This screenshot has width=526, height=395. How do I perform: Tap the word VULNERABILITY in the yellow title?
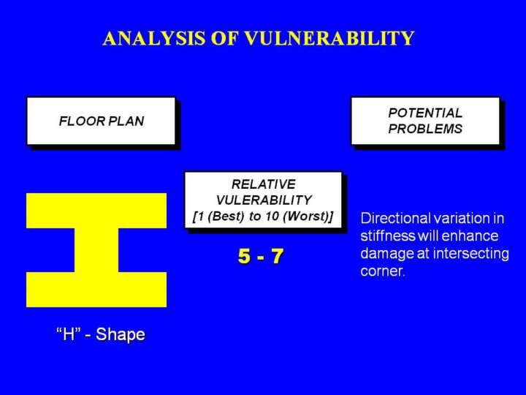coord(329,38)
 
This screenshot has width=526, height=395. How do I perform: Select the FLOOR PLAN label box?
coord(101,121)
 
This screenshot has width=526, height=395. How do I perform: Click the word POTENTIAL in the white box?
coord(425,113)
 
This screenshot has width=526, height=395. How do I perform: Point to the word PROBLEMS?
coord(425,129)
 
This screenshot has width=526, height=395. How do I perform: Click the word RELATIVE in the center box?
coord(264,184)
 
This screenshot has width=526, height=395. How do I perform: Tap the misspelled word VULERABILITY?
coord(264,200)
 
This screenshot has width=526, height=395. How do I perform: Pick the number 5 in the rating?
coord(245,256)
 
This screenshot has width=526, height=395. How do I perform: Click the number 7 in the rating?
coord(277,256)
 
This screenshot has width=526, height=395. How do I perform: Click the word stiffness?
coord(388,236)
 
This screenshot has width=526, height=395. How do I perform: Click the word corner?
coord(382,271)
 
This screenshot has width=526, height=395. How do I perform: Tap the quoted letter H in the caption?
coord(69,334)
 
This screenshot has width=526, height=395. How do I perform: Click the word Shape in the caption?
coord(121,335)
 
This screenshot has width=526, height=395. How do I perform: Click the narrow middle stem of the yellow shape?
coord(96,250)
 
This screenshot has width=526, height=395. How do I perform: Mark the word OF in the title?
coord(224,38)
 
